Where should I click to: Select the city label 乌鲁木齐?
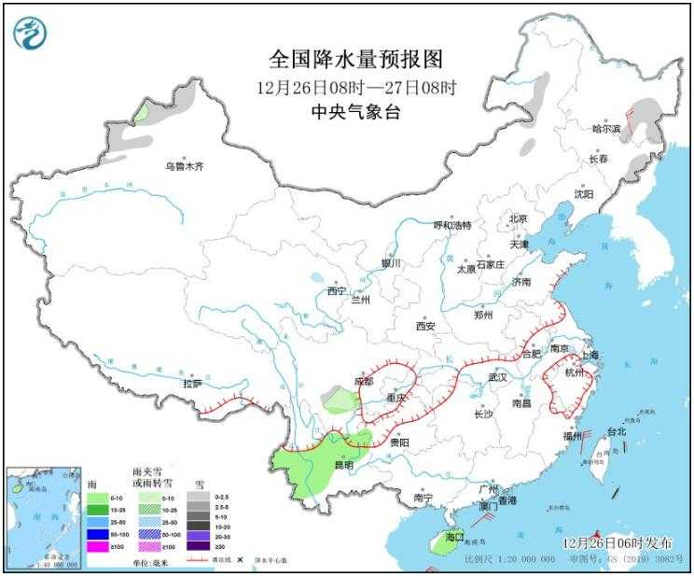[x=184, y=166]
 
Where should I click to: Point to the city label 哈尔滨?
[x=606, y=129]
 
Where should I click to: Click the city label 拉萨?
[x=192, y=383]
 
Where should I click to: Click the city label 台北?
[x=617, y=432]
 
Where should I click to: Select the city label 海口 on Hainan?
[x=454, y=538]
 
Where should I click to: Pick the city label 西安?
[x=425, y=326]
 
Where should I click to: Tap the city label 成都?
[x=363, y=381]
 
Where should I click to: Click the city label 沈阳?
[x=584, y=194]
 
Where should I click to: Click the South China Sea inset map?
[x=43, y=517]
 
